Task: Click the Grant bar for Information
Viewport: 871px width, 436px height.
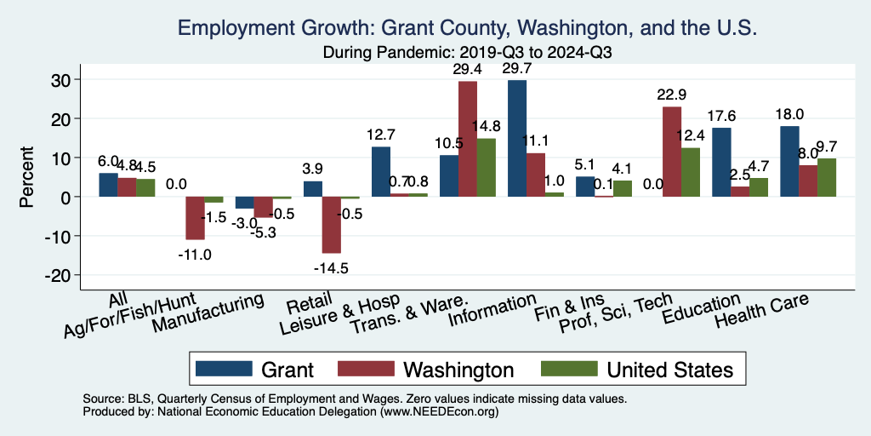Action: pos(516,138)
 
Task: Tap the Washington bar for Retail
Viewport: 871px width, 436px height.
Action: pos(332,225)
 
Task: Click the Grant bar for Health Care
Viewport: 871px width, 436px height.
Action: pos(789,161)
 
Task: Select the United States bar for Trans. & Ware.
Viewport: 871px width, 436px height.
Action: pos(487,167)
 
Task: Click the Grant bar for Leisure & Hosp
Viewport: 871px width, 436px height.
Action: pos(381,171)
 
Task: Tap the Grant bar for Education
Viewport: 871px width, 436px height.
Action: pos(721,162)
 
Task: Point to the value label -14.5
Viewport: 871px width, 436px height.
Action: pos(332,268)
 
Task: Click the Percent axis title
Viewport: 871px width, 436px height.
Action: pos(28,177)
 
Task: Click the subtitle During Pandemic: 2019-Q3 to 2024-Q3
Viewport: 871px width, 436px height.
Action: pos(468,53)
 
